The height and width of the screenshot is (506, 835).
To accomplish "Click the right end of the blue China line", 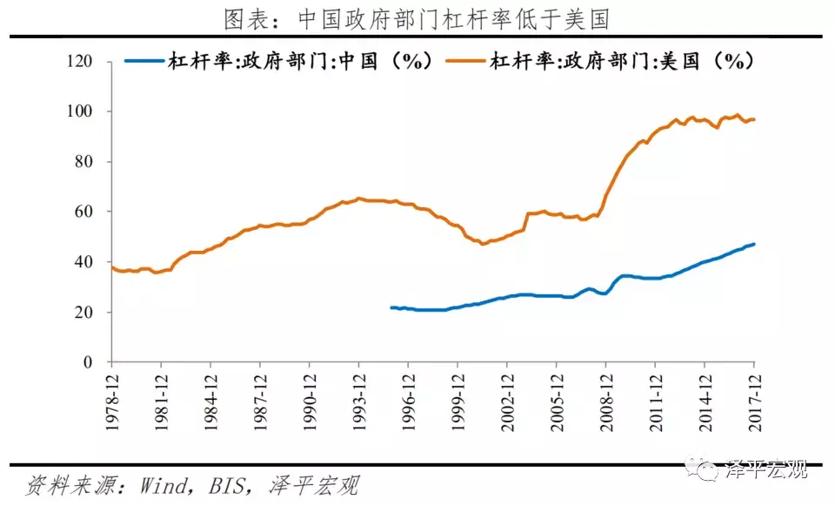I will tap(753, 244).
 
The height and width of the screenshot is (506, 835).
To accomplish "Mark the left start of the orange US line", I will tap(112, 267).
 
